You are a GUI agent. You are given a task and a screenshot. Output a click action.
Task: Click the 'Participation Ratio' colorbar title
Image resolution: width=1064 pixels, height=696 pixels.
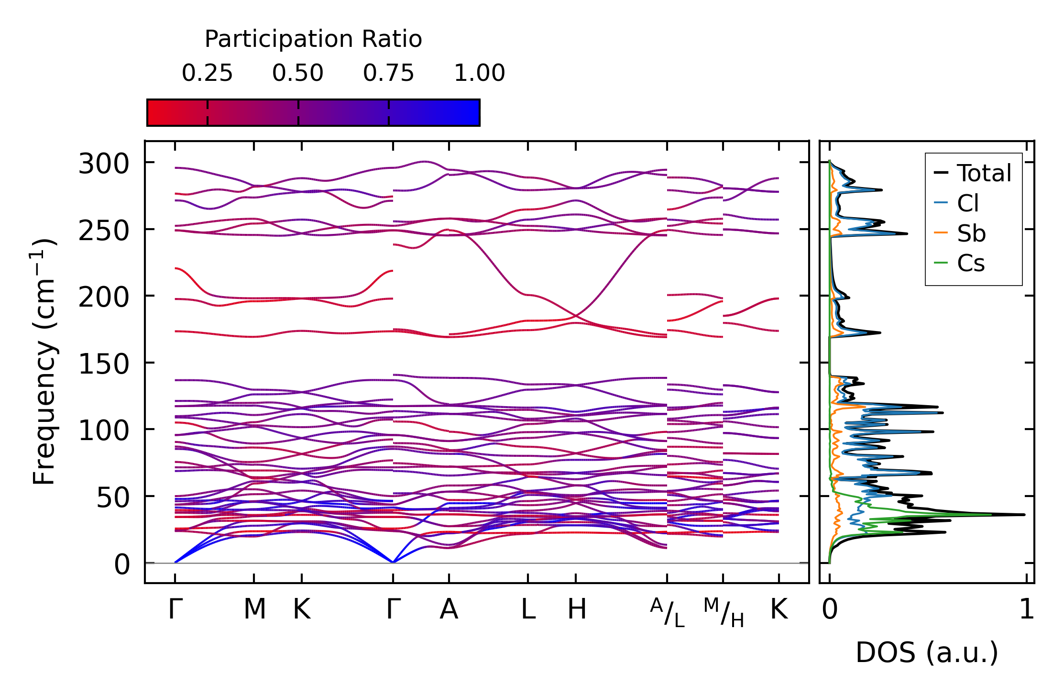pyautogui.click(x=313, y=39)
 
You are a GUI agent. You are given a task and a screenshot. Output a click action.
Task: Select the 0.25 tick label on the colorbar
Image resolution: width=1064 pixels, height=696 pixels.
pyautogui.click(x=207, y=73)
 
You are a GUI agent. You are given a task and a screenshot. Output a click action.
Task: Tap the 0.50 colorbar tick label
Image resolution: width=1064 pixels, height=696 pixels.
pyautogui.click(x=298, y=73)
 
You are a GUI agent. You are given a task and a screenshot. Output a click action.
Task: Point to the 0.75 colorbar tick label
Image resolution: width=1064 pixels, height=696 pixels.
pyautogui.click(x=388, y=73)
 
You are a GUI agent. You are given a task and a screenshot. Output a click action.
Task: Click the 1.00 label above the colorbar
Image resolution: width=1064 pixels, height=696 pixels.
pyautogui.click(x=479, y=73)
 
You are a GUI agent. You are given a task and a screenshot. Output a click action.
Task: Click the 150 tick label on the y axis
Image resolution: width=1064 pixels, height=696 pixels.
pyautogui.click(x=104, y=365)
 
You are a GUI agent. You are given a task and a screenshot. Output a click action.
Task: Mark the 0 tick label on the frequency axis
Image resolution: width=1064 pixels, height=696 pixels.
pyautogui.click(x=122, y=564)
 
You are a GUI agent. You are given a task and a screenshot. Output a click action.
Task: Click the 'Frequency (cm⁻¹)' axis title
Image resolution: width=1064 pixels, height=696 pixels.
pyautogui.click(x=44, y=362)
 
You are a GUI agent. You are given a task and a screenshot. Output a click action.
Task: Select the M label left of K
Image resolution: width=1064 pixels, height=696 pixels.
pyautogui.click(x=254, y=609)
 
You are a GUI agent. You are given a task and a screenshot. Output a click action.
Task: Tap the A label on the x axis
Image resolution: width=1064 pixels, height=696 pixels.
pyautogui.click(x=449, y=609)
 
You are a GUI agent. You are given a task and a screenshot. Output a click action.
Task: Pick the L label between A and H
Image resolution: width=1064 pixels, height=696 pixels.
pyautogui.click(x=528, y=609)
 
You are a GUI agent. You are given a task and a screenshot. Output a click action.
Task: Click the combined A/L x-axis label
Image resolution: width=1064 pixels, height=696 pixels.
pyautogui.click(x=667, y=613)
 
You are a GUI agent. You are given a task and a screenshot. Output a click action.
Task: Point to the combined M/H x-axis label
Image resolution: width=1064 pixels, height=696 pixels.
pyautogui.click(x=723, y=613)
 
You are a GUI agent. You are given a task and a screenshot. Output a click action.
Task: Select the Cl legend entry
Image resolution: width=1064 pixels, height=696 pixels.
pyautogui.click(x=967, y=203)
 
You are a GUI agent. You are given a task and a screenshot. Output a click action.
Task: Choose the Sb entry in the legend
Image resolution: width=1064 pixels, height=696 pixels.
pyautogui.click(x=971, y=233)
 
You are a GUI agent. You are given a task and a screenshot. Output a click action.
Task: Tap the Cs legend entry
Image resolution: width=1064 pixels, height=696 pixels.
pyautogui.click(x=971, y=263)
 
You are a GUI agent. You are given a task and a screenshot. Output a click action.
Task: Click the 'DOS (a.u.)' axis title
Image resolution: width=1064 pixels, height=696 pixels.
pyautogui.click(x=927, y=652)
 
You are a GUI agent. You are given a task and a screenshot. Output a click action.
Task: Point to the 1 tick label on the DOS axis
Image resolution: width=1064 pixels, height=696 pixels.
pyautogui.click(x=1026, y=609)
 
